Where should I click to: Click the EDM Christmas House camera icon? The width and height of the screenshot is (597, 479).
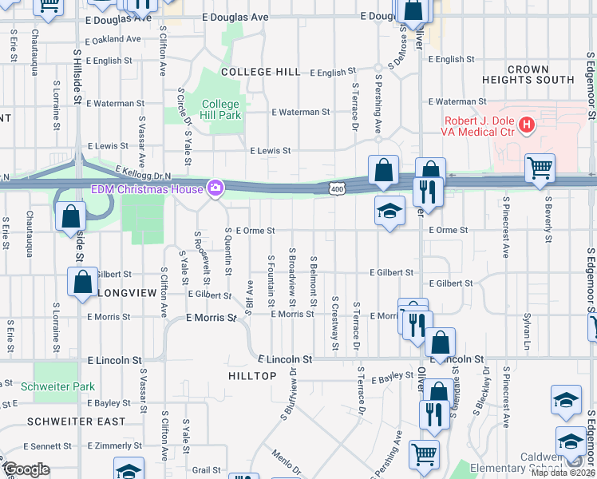[215, 188]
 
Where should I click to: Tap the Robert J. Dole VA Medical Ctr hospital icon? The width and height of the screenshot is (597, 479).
[526, 125]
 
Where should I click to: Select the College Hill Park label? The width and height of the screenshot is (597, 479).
[220, 109]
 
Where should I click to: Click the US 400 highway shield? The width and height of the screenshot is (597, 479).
[336, 188]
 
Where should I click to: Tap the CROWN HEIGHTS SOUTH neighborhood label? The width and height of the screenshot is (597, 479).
[528, 75]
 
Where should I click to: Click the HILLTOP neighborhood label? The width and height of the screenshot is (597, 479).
[252, 375]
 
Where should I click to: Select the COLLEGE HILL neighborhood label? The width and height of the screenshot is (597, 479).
[260, 72]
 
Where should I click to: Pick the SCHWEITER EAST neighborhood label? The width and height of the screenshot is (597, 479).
[76, 421]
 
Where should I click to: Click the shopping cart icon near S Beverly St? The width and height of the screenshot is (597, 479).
[540, 168]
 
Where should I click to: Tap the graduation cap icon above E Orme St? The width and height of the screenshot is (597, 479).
[389, 211]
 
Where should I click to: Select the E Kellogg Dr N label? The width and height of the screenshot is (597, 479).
[144, 172]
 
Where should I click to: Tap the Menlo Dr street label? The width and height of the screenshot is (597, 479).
[286, 462]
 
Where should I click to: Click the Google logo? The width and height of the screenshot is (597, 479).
[26, 469]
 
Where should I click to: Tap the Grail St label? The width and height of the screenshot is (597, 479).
[205, 470]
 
